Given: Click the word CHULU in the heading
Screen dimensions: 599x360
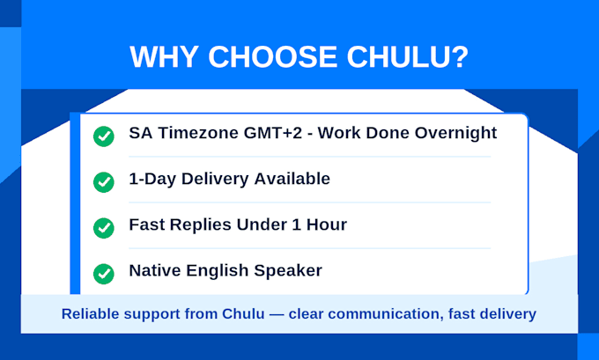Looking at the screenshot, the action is [x=407, y=56].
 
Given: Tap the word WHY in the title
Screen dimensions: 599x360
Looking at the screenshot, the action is [x=164, y=56].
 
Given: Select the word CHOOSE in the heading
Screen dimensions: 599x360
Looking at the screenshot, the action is [x=273, y=56].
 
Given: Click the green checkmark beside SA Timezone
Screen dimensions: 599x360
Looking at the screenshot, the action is [x=104, y=136].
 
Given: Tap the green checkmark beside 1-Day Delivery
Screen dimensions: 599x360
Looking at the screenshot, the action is [x=104, y=182].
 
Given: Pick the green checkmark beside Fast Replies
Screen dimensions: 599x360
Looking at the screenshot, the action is [x=104, y=228].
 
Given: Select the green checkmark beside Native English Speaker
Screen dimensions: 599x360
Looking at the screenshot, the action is [x=104, y=274].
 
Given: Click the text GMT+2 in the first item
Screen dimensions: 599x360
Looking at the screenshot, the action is [x=273, y=133].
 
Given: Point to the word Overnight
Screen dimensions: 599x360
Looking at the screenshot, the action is [x=455, y=134].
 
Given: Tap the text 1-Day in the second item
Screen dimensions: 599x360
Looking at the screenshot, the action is [x=152, y=180].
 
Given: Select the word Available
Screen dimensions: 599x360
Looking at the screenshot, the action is [x=292, y=179].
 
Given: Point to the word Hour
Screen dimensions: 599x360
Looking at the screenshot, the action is [x=327, y=224].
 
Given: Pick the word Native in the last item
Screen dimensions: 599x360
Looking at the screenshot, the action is [x=155, y=270].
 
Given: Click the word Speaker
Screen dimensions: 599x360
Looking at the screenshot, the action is [x=288, y=271].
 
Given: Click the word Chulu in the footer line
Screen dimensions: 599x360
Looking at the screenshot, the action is [x=243, y=314].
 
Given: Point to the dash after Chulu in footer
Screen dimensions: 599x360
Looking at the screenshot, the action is [x=277, y=314].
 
